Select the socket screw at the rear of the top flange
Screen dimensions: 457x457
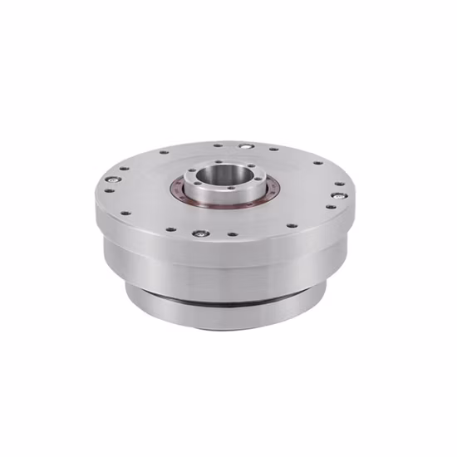246,146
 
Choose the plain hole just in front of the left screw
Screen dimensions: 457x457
109,189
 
